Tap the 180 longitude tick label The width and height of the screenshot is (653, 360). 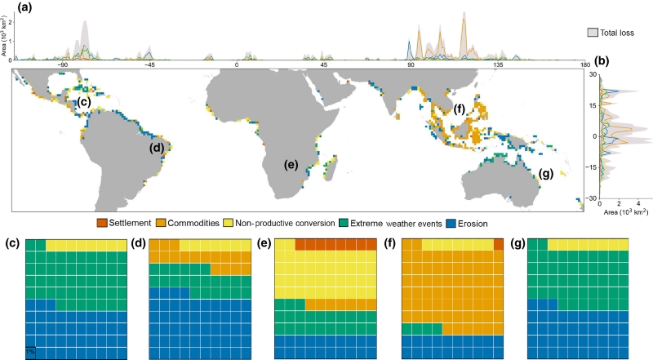[584, 64]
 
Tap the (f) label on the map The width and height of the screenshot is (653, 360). [459, 108]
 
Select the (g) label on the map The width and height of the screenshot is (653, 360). [546, 173]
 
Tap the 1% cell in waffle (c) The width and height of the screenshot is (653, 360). [31, 352]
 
